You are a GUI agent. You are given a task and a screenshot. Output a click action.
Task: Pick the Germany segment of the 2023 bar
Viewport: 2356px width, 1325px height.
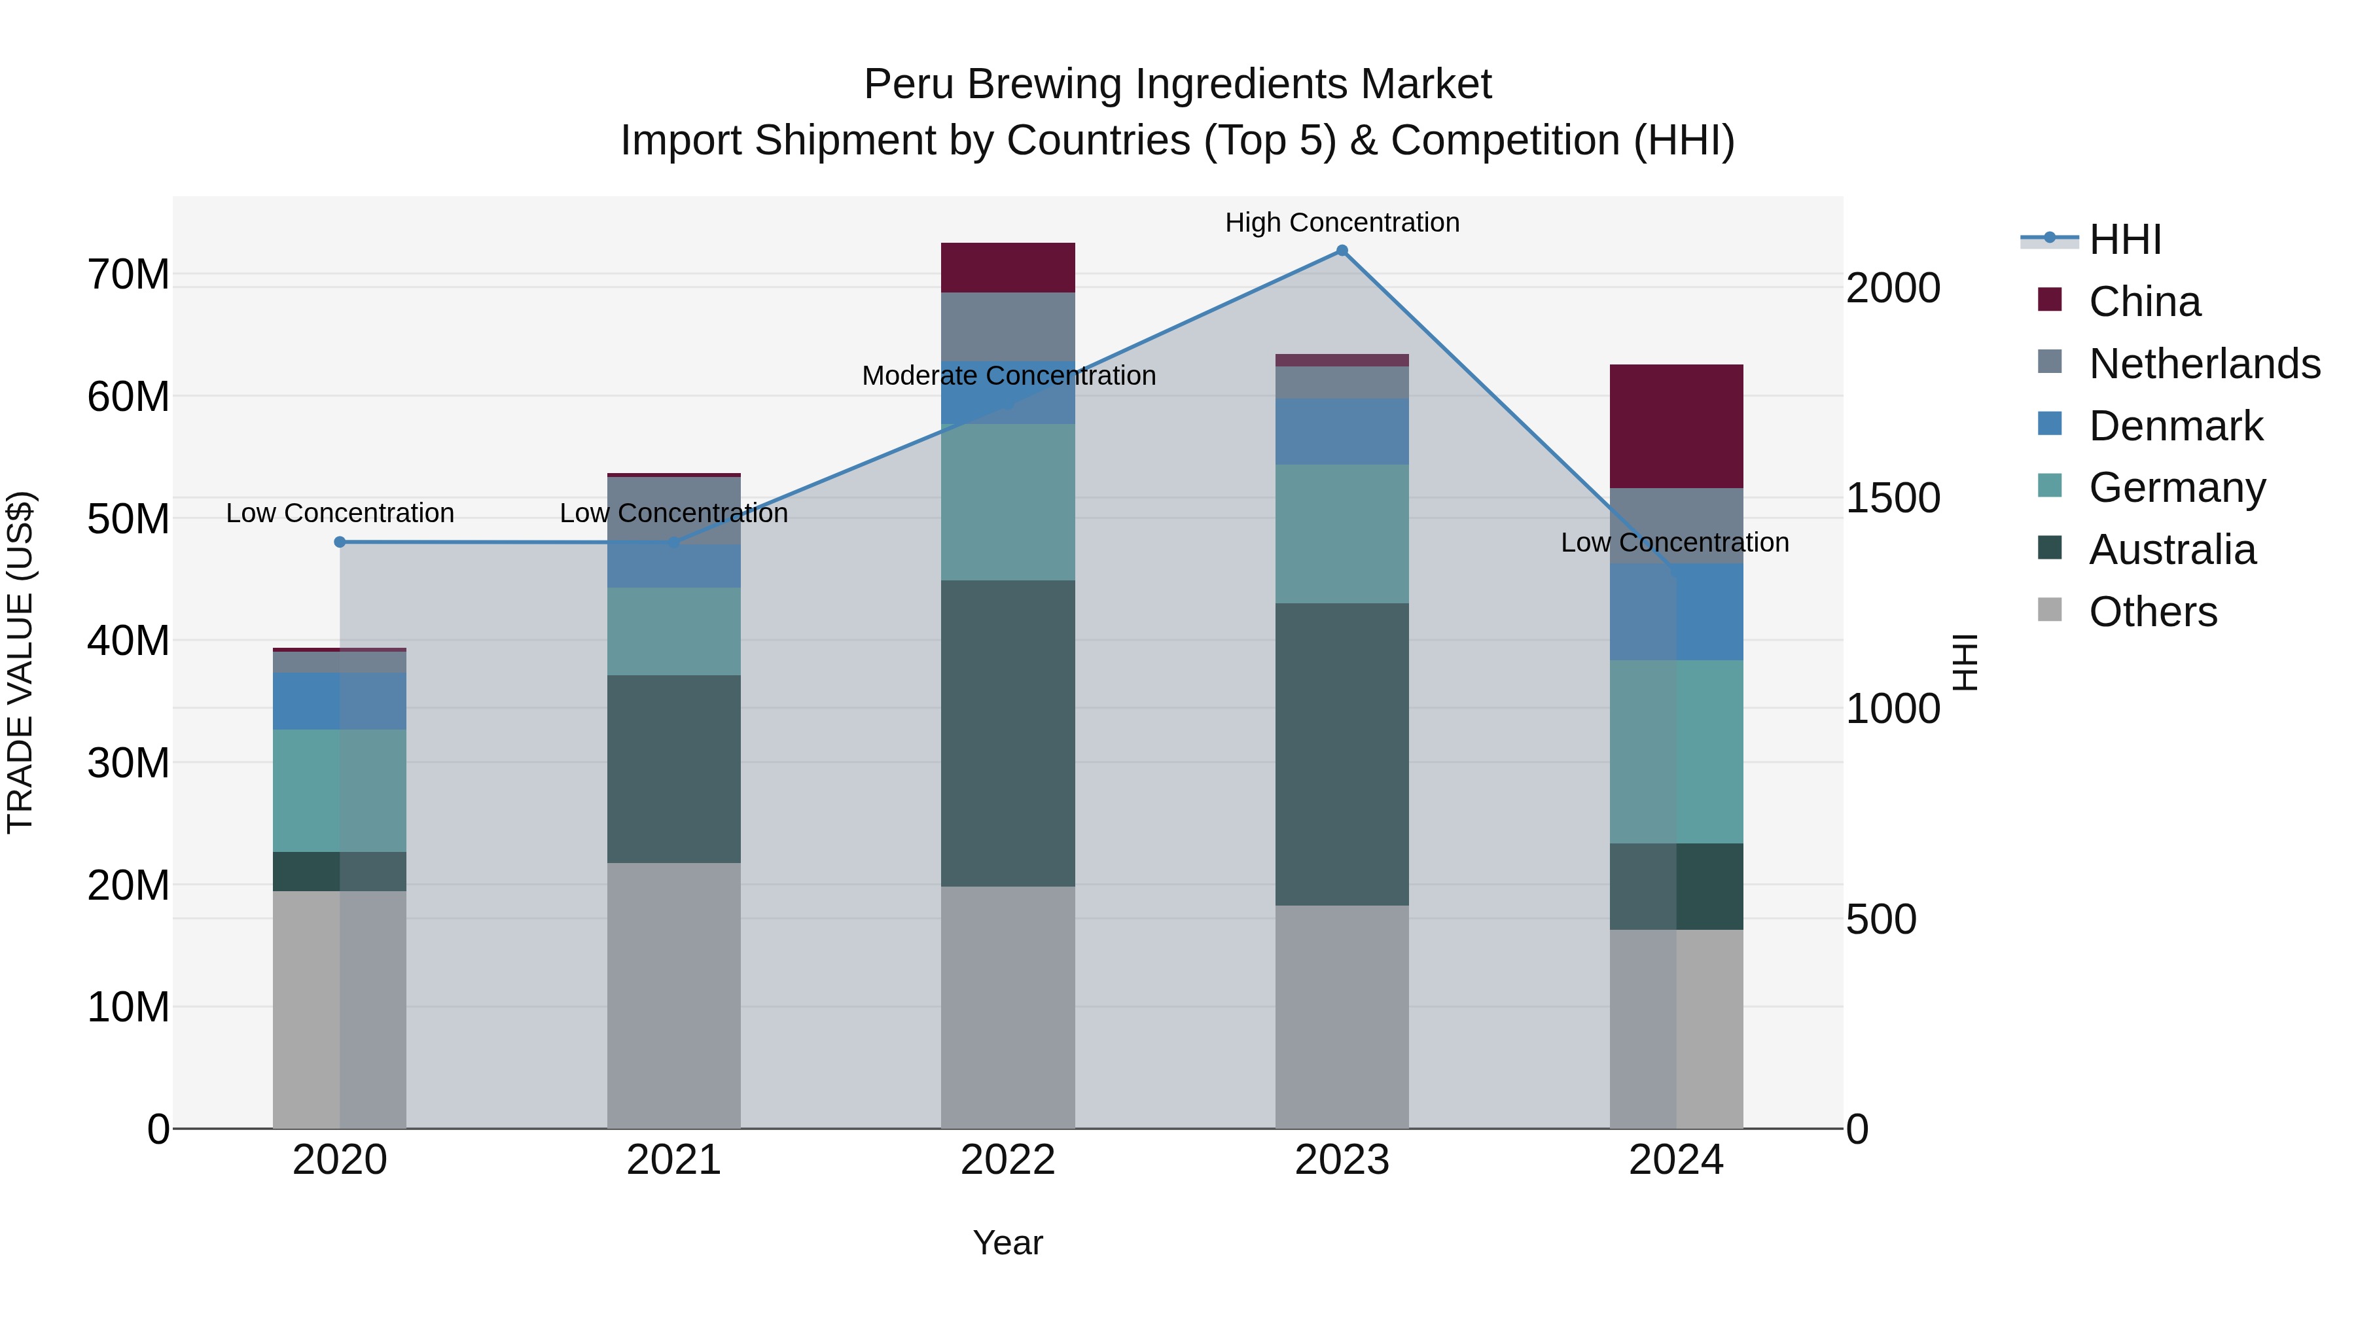[x=1342, y=533]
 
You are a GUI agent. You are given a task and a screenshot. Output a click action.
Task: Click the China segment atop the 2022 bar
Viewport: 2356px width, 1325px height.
[x=1007, y=267]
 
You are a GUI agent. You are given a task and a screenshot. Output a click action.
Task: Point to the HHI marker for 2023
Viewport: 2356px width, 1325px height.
[x=1342, y=251]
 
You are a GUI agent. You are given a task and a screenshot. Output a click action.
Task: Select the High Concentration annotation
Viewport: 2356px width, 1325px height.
[x=1342, y=222]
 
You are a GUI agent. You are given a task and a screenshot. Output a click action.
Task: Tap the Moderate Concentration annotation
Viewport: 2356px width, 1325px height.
[x=1008, y=376]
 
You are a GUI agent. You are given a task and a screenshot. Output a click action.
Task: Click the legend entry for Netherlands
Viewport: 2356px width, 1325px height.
[x=2204, y=364]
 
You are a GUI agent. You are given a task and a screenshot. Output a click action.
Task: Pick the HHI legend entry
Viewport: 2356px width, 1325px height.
[x=2124, y=239]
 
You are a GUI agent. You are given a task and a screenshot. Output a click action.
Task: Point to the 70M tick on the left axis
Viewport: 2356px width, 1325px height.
[x=128, y=274]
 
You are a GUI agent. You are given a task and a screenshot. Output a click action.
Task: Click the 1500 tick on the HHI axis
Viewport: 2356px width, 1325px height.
[x=1892, y=499]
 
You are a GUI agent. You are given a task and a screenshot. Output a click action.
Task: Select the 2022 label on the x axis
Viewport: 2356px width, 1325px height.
[x=1007, y=1160]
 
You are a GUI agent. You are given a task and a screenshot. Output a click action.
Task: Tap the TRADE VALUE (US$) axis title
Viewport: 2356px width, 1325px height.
[x=20, y=662]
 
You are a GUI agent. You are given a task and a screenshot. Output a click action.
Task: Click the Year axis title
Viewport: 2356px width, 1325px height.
[x=1007, y=1243]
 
